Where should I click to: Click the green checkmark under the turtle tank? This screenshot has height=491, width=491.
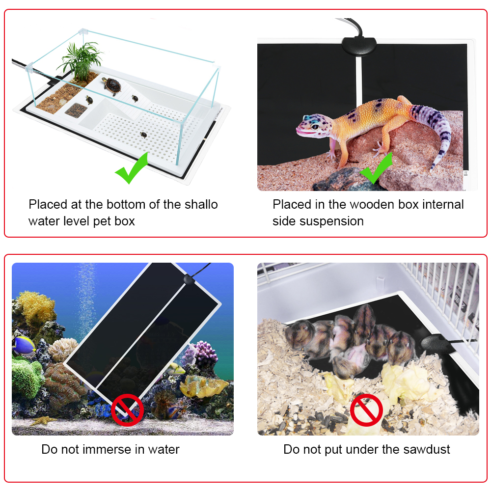[x=131, y=169]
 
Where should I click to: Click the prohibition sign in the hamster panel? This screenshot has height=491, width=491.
[x=366, y=409]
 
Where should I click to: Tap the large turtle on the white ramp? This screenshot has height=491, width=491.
[x=112, y=85]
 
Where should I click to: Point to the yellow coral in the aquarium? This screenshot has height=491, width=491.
[x=37, y=307]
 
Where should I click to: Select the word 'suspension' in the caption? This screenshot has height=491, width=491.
[x=333, y=221]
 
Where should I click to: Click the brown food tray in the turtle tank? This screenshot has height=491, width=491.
[x=76, y=109]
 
